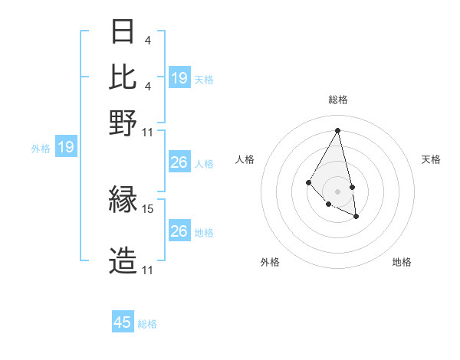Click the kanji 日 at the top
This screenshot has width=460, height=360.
[x=123, y=33]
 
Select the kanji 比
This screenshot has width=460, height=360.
[x=123, y=77]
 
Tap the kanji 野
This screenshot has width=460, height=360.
[x=123, y=122]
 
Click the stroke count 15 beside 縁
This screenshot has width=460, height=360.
[x=148, y=208]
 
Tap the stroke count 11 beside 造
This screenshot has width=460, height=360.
[x=148, y=270]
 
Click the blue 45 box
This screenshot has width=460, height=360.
[x=123, y=322]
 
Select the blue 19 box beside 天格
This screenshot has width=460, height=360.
[x=179, y=78]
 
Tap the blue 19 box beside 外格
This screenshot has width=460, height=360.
[x=66, y=148]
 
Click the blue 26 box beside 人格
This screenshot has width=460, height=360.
[x=179, y=162]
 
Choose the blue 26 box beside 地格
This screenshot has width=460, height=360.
[x=179, y=231]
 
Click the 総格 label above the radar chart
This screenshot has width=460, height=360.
[x=338, y=100]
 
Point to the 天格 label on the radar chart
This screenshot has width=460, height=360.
[x=431, y=159]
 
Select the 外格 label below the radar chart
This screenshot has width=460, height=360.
[x=270, y=262]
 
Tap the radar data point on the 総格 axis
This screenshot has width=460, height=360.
[x=338, y=130]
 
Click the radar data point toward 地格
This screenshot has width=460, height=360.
[x=356, y=217]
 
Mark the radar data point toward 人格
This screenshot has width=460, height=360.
[x=308, y=182]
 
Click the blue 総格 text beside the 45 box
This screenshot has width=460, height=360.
[x=147, y=324]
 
